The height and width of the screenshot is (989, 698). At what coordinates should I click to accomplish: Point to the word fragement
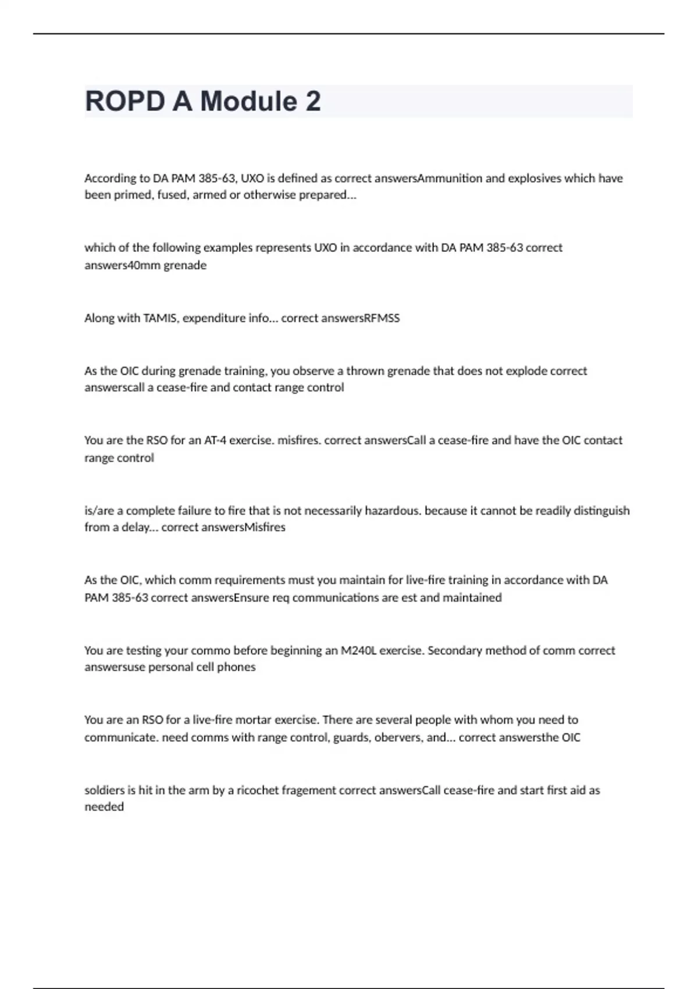click(309, 790)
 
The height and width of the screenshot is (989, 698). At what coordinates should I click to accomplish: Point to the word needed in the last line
click(104, 807)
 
